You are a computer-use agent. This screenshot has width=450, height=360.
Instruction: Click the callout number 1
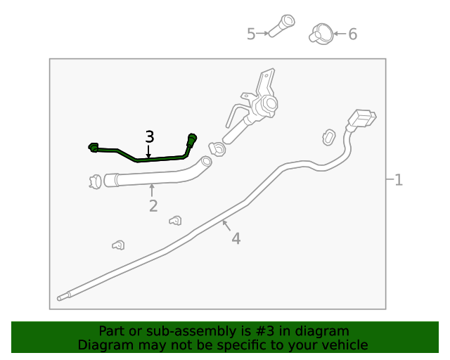[x=399, y=180]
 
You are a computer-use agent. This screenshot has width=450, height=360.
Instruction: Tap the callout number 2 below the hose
[x=153, y=206]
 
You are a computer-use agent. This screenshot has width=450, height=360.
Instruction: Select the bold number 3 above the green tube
[x=149, y=136]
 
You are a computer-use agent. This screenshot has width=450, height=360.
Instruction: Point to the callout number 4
[x=236, y=239]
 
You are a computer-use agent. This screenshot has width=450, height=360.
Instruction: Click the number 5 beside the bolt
[x=251, y=34]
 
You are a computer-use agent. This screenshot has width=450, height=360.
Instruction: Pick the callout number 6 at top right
[x=353, y=34]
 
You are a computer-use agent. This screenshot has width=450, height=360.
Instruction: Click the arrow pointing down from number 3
[x=149, y=150]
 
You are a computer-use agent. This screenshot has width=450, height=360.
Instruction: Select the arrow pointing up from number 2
[x=152, y=190]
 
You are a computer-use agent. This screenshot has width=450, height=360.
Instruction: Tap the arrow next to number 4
[x=226, y=226]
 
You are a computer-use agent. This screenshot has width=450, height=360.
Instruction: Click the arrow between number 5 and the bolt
[x=264, y=33]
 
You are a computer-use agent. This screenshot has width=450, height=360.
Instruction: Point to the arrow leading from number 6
[x=339, y=33]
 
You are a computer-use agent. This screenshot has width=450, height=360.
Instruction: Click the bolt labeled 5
[x=282, y=26]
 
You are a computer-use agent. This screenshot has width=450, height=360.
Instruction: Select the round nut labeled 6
[x=321, y=32]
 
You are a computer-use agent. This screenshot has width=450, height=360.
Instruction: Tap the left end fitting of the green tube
[x=93, y=147]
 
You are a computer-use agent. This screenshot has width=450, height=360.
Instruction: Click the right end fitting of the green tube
[x=193, y=138]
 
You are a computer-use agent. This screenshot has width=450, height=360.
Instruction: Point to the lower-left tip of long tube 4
[x=61, y=297]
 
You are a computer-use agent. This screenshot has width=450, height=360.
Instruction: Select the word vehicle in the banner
[x=345, y=345]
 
